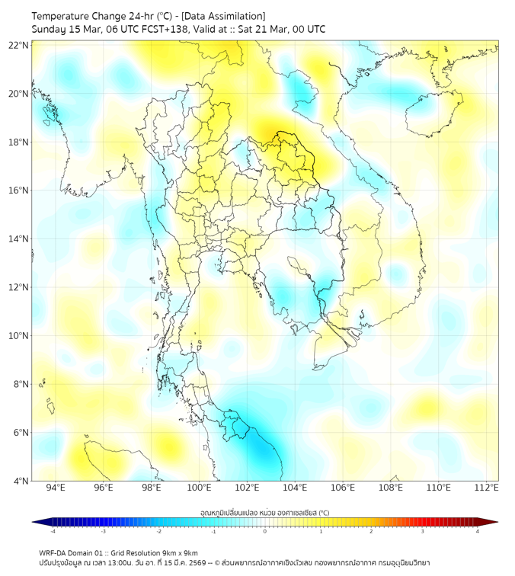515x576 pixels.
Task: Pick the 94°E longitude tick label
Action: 56,488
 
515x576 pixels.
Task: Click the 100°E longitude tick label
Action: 200,488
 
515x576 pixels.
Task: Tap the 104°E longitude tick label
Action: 296,488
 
